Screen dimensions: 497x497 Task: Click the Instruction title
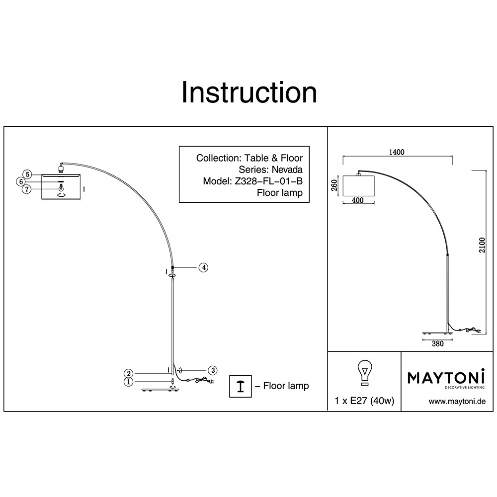click(x=248, y=92)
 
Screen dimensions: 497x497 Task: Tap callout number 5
click(x=28, y=174)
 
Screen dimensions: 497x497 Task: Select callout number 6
click(x=21, y=182)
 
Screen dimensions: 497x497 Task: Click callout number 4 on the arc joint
click(x=203, y=267)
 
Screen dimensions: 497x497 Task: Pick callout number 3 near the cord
click(x=212, y=370)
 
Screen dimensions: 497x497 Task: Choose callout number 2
click(x=129, y=373)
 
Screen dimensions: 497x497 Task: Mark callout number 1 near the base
click(x=129, y=382)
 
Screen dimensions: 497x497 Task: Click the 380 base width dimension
click(x=437, y=343)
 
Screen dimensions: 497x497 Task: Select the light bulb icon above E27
click(x=365, y=373)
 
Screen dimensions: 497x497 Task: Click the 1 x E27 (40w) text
click(x=365, y=402)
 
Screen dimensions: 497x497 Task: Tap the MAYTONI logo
click(x=446, y=378)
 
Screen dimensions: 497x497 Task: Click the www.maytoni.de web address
click(x=456, y=402)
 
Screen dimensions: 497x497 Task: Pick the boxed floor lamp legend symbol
click(x=240, y=386)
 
